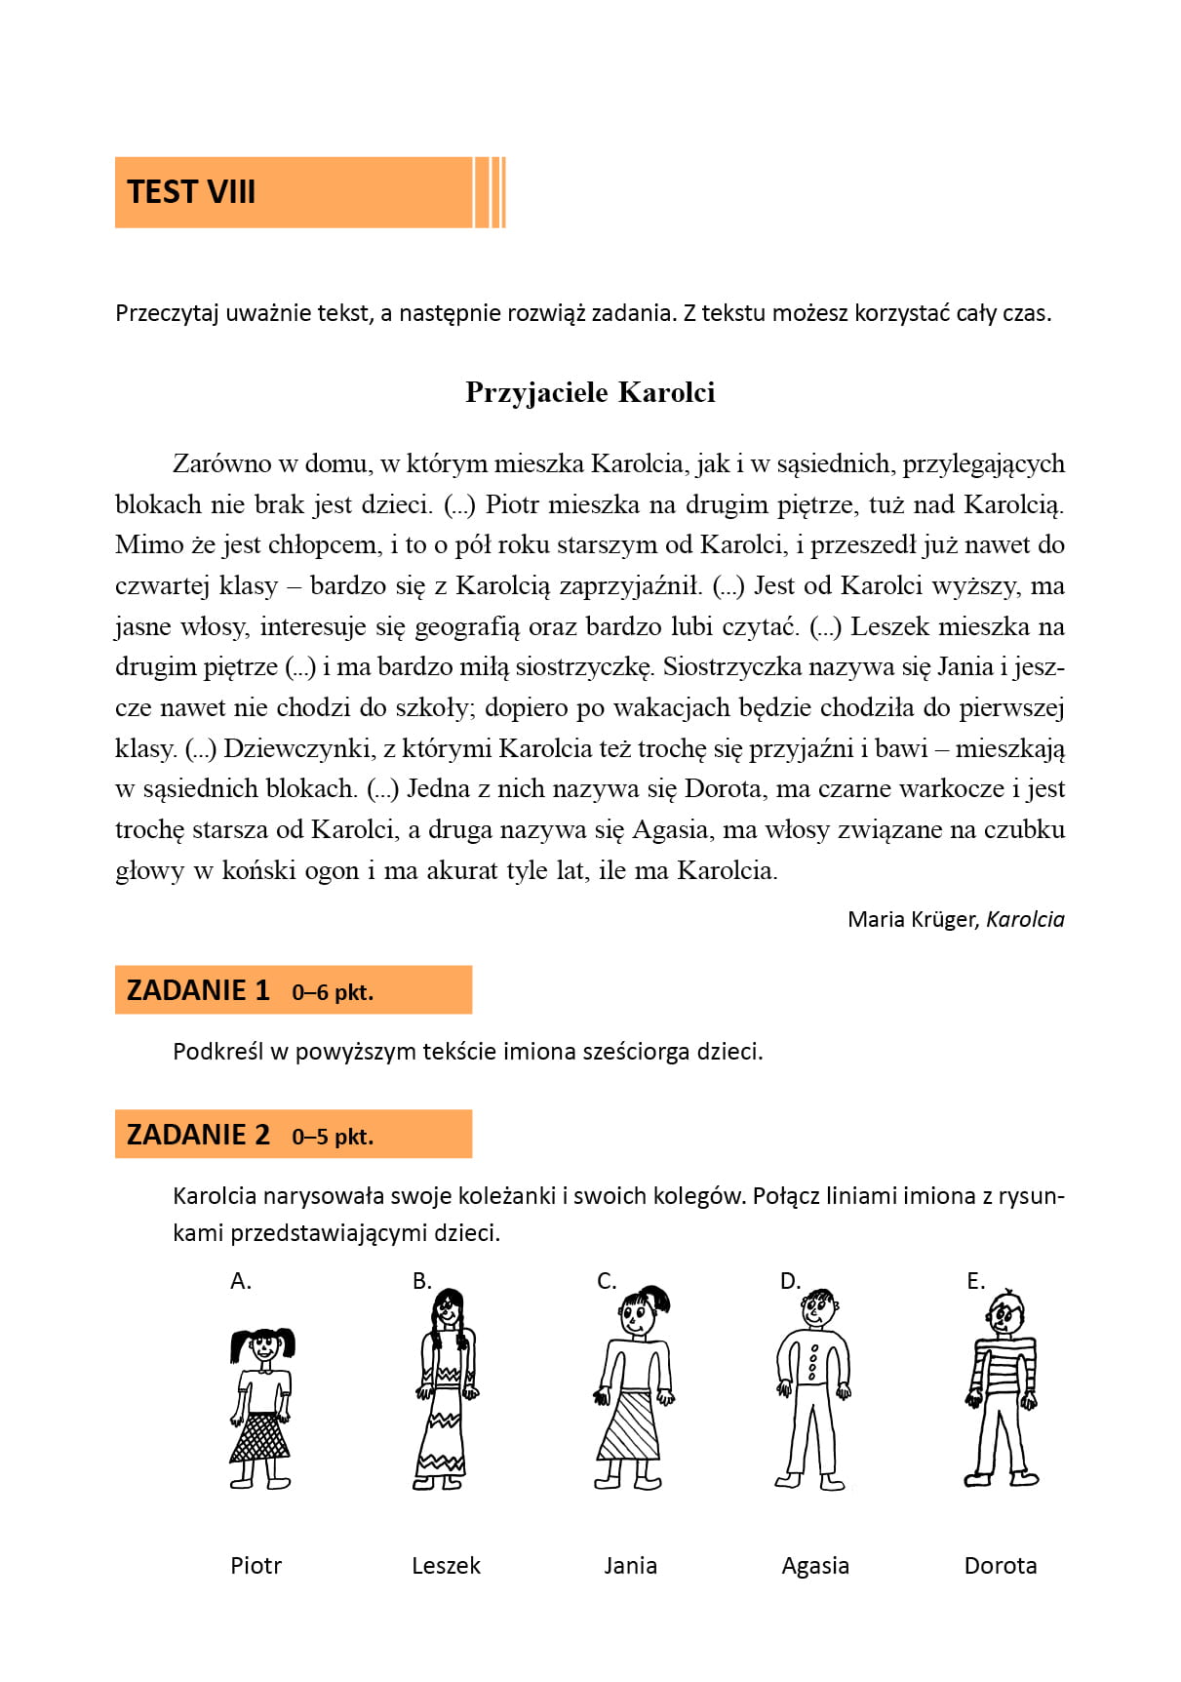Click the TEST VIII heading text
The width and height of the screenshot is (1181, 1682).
tap(191, 192)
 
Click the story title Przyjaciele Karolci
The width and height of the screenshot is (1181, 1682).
tap(590, 392)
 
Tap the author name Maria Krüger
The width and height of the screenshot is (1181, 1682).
tap(912, 919)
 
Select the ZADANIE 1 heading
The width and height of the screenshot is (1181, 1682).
tap(198, 990)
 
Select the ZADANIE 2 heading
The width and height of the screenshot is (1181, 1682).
tap(198, 1135)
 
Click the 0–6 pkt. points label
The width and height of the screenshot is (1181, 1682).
tap(333, 992)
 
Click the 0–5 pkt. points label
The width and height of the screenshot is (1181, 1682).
tap(333, 1137)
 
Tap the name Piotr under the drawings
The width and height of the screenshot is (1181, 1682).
tap(256, 1566)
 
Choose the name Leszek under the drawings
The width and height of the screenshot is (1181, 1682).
tap(446, 1566)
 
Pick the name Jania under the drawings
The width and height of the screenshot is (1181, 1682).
tap(630, 1566)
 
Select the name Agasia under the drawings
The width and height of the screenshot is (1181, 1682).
tap(815, 1566)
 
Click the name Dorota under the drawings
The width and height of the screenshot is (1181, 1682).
tap(1000, 1566)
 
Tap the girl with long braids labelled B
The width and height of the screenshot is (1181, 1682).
tap(447, 1390)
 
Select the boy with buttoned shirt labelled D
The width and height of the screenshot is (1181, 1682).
tap(812, 1390)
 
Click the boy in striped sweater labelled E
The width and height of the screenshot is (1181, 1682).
tap(1003, 1390)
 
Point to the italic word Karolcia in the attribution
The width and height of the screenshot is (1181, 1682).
tap(1025, 919)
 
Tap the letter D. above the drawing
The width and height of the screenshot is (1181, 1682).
tap(790, 1281)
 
